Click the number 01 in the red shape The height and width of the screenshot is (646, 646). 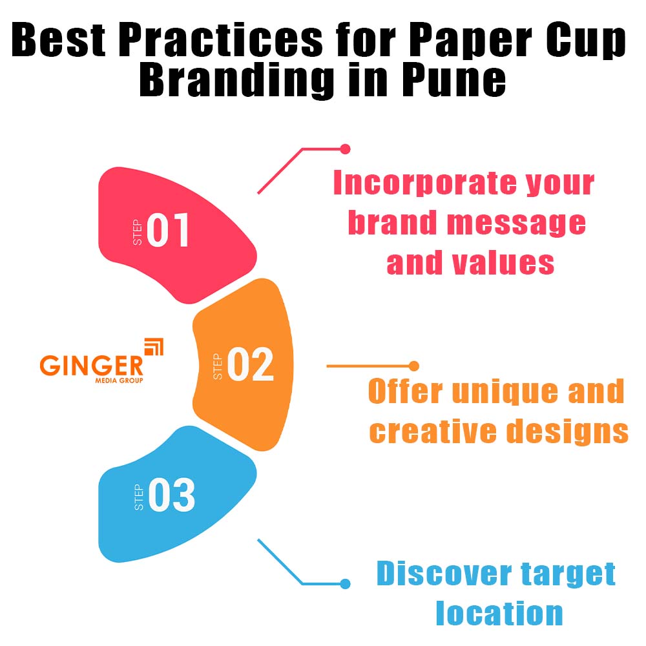coord(168,231)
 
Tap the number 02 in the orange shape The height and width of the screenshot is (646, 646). coord(250,364)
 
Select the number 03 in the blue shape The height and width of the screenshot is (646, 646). coord(171,496)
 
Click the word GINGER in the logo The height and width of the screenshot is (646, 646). coord(91,366)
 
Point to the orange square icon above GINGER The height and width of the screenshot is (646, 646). coord(153,346)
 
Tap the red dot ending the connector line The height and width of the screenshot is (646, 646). coord(345,149)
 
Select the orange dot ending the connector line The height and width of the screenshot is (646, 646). coord(414,366)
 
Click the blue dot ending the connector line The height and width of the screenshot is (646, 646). coord(345,584)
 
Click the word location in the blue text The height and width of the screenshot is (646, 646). coord(499,612)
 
